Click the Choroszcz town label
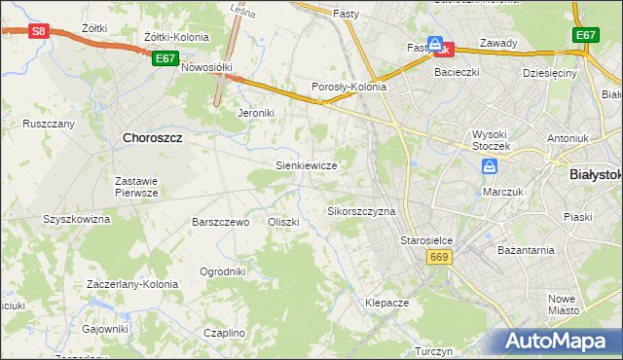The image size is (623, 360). (153, 138)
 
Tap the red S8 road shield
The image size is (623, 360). (37, 31)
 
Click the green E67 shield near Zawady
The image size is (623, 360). (585, 35)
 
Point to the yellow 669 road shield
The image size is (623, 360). (437, 256)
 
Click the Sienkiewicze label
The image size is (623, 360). (307, 166)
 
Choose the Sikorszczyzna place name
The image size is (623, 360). (361, 211)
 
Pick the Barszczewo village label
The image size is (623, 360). (222, 222)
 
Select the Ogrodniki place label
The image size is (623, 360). (222, 271)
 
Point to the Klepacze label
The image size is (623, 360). (386, 303)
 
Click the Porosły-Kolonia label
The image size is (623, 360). (348, 87)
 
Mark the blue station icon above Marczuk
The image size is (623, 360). (489, 168)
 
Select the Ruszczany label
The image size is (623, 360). (49, 125)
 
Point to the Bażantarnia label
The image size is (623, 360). (526, 250)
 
